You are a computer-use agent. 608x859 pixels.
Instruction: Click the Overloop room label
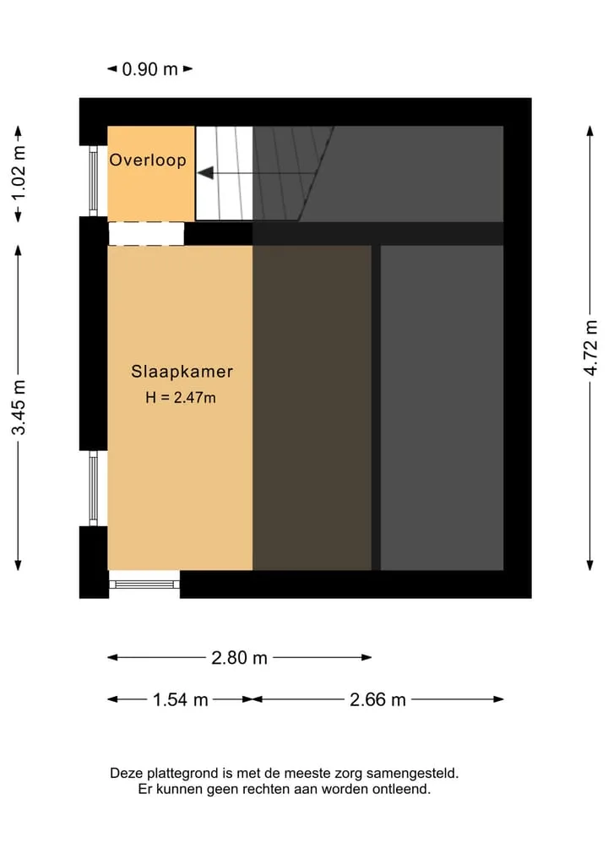tap(148, 160)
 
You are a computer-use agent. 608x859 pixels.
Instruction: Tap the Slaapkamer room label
tap(182, 372)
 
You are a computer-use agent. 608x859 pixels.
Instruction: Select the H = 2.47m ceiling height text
tap(180, 398)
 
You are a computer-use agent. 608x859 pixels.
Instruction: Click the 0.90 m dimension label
tap(149, 69)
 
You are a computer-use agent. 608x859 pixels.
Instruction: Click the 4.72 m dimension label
tap(590, 348)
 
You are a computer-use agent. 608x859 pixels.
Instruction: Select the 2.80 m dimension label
tap(239, 657)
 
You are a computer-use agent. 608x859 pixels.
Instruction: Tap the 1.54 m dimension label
tap(180, 699)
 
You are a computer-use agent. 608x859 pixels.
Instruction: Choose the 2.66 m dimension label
tap(378, 699)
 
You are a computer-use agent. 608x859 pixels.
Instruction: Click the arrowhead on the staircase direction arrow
tap(205, 173)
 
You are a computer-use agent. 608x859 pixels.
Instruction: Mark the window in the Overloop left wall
tap(94, 181)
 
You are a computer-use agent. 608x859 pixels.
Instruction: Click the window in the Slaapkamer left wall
tap(94, 488)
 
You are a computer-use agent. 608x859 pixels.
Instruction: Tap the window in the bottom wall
tap(144, 584)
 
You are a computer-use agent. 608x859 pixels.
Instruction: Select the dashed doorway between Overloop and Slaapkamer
tap(146, 234)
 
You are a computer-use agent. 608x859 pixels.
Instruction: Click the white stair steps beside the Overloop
tap(224, 173)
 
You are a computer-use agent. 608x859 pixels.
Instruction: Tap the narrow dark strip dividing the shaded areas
tap(376, 408)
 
